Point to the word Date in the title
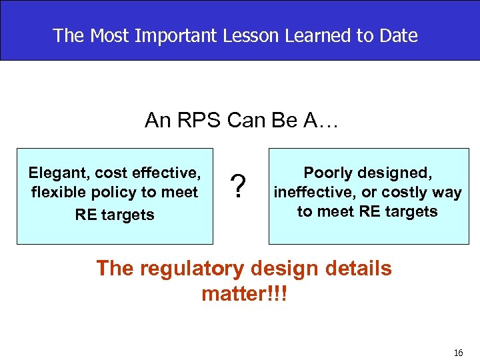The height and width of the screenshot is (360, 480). coord(399,35)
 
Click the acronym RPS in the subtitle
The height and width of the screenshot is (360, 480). coord(199,120)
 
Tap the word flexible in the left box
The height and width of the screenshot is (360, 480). coord(58,193)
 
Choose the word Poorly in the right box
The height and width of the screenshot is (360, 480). coord(327,173)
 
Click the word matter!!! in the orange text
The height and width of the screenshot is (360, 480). coord(244,293)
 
